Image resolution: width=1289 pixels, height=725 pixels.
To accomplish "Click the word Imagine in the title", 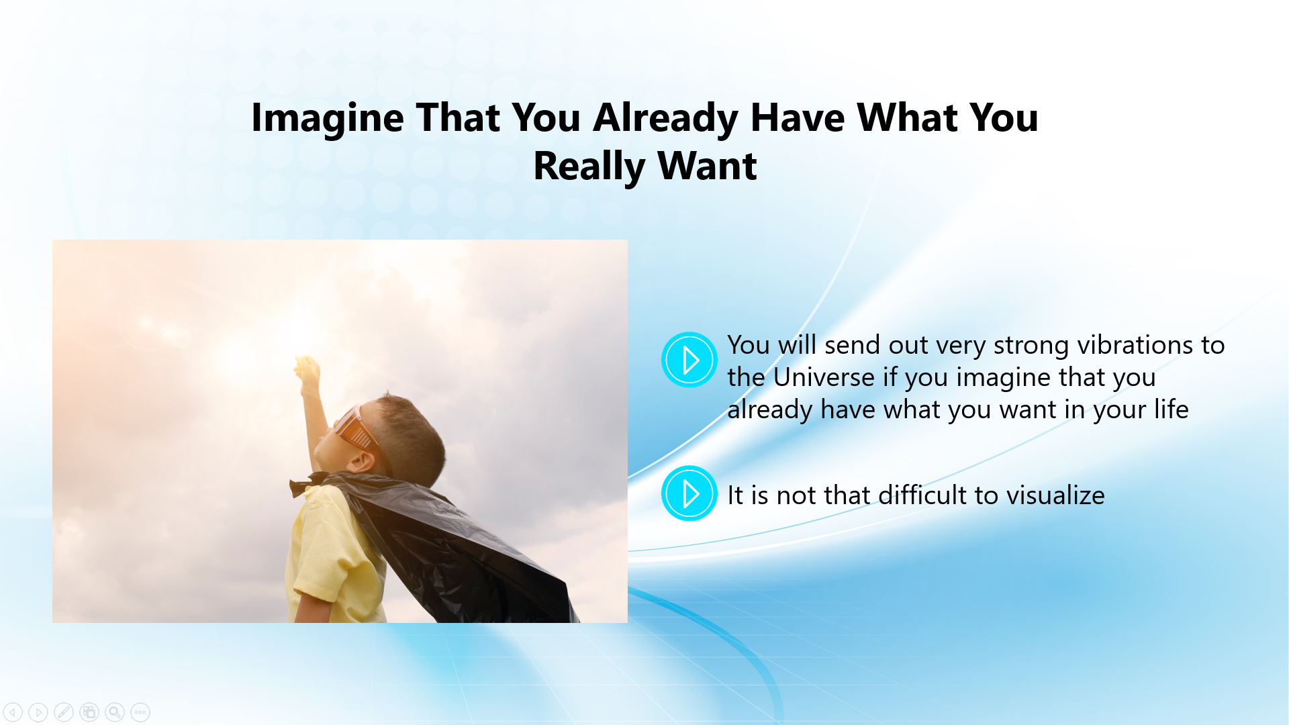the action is point(328,119).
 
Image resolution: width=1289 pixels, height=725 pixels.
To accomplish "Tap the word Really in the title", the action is point(589,166).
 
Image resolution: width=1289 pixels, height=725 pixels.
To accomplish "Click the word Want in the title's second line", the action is point(707,166).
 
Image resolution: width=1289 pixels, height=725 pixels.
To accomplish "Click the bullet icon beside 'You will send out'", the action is point(689,360).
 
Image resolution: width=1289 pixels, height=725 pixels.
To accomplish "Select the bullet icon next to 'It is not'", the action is point(689,493).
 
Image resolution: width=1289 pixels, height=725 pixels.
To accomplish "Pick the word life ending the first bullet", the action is point(1172,409).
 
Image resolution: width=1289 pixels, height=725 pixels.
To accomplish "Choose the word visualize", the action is point(1055,495).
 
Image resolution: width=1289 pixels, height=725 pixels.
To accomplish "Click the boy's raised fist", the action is point(308,371).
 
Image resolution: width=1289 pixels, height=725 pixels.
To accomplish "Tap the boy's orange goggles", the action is point(354,428).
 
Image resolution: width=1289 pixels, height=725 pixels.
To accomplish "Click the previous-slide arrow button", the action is point(13,712).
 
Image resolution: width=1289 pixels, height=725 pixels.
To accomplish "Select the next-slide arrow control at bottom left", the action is point(38,712).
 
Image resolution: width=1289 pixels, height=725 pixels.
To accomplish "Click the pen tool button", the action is point(64,712).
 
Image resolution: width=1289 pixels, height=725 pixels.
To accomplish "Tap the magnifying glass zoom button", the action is point(115,712).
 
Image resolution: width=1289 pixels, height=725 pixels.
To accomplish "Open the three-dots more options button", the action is point(140,712).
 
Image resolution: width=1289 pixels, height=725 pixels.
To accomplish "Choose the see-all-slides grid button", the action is point(89,712).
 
